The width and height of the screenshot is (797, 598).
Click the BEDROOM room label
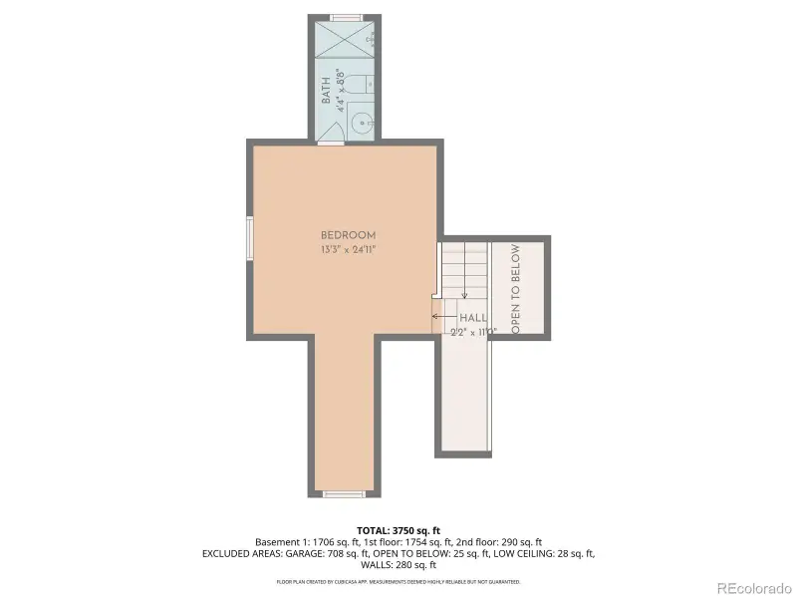pos(348,234)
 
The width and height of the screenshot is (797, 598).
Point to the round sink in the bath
pos(363,125)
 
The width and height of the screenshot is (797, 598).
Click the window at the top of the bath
pos(346,17)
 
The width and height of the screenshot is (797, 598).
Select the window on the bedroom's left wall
pos(249,238)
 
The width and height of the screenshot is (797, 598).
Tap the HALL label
pos(472,317)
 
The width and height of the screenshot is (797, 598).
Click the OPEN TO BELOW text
pos(515,288)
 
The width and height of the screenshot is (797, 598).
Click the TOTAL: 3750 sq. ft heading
pos(398,530)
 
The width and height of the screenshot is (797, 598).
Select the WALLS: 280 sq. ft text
pos(398,565)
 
